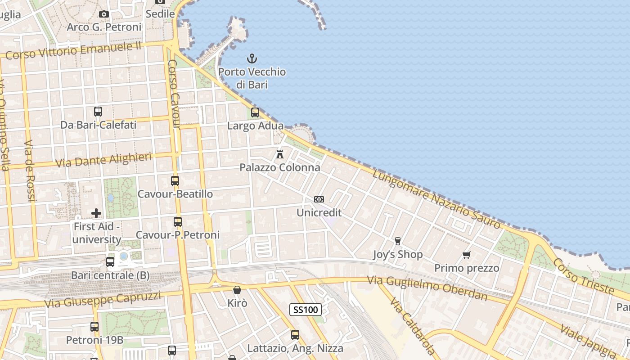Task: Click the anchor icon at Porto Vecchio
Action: (x=252, y=58)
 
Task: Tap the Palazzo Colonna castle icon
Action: (x=280, y=154)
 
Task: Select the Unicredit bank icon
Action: (x=319, y=199)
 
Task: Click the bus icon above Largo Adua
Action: (x=255, y=112)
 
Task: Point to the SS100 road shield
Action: (x=306, y=309)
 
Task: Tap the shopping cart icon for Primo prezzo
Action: (x=467, y=255)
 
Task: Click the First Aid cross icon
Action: (x=96, y=213)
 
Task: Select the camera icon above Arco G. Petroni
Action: (x=104, y=14)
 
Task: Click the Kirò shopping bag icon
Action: (x=237, y=290)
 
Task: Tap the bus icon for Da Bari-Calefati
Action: (x=98, y=111)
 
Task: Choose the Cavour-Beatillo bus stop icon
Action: (x=175, y=181)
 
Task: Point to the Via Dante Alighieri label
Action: (x=103, y=160)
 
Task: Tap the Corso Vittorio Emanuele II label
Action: (x=74, y=50)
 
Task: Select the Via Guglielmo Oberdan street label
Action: (x=427, y=288)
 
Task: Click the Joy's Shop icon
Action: (x=397, y=241)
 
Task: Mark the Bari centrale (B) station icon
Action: (x=110, y=261)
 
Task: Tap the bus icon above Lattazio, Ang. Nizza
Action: (x=295, y=335)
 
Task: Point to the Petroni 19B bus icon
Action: (x=94, y=327)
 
